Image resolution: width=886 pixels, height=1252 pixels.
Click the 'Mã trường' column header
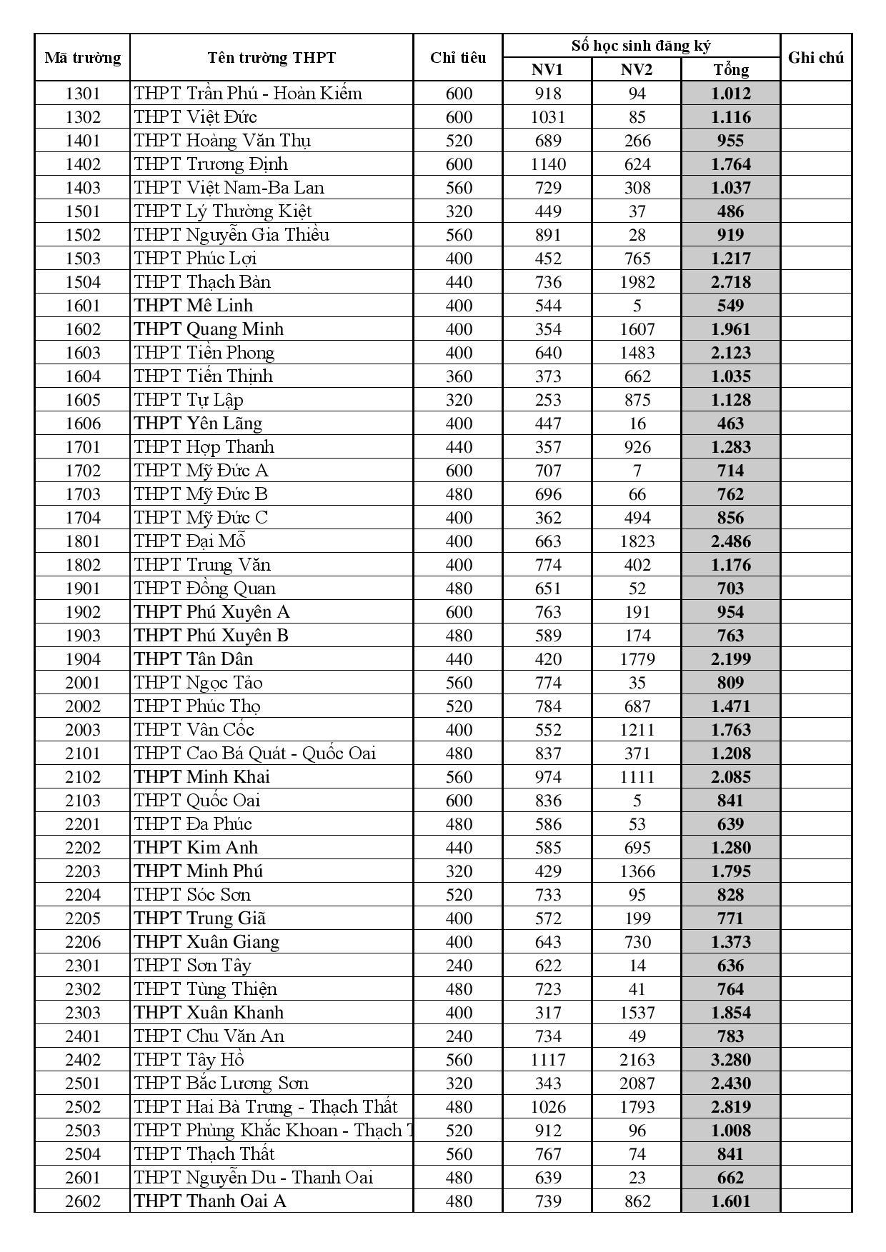pos(82,58)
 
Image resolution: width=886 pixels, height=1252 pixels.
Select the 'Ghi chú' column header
pos(815,58)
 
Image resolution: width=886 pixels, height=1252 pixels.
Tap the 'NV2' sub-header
pos(637,69)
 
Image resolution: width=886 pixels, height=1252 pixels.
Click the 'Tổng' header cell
pos(730,69)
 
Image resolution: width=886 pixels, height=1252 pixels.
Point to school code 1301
pos(82,94)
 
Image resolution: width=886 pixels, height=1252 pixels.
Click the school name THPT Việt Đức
pos(195,117)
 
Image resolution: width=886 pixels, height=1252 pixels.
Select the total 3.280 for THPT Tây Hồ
pos(730,1060)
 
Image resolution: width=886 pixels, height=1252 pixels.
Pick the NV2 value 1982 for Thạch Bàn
pos(637,282)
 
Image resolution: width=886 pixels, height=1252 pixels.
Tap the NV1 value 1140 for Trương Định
pos(547,164)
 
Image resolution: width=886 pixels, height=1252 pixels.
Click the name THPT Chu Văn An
pos(209,1036)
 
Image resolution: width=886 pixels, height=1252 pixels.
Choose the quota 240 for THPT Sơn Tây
pos(458,966)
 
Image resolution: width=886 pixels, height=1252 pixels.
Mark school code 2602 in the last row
pos(82,1201)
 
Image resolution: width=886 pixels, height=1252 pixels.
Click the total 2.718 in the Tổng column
pos(730,282)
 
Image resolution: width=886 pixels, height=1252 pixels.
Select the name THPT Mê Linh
pos(193,306)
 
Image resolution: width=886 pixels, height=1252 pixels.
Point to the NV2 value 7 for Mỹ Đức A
pos(637,471)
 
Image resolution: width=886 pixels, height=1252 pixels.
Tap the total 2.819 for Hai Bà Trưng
pos(730,1107)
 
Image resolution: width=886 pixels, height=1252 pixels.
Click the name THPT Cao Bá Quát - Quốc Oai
pos(254,753)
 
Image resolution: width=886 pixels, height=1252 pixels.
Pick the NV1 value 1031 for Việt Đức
pos(547,117)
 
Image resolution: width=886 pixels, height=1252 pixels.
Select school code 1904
pos(82,659)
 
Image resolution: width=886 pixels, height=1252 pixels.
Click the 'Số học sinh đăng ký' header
pos(641,46)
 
